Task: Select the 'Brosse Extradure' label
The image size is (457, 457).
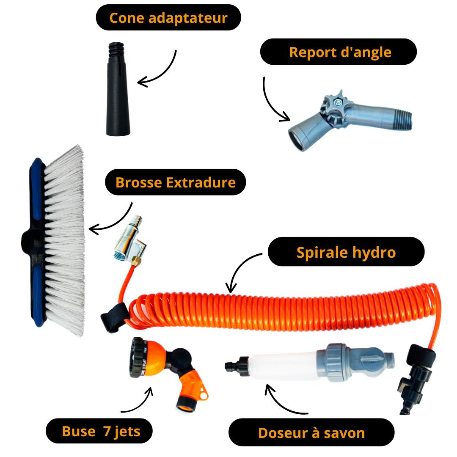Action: [176, 182]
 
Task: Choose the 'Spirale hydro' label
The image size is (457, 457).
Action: [346, 252]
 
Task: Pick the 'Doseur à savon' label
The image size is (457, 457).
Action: [311, 432]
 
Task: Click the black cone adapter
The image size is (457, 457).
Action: [118, 89]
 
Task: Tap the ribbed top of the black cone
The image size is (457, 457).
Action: [116, 50]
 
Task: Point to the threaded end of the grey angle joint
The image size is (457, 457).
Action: [404, 119]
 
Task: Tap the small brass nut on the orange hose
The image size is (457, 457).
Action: [135, 261]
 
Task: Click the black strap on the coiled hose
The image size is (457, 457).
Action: [115, 317]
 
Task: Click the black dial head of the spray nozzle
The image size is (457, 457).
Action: [138, 358]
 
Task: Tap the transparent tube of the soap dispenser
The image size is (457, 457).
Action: [283, 365]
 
